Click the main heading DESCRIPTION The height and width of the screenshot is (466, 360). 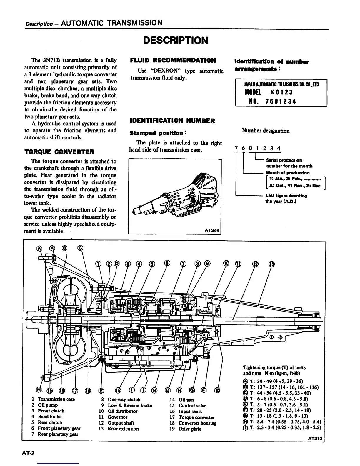[175, 40]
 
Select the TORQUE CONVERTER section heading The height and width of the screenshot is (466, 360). [59, 152]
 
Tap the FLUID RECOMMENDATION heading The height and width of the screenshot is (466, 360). [173, 61]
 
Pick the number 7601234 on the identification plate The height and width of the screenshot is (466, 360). [281, 101]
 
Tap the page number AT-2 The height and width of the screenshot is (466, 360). [28, 453]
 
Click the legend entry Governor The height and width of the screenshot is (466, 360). [117, 417]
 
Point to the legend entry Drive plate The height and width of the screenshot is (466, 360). [190, 429]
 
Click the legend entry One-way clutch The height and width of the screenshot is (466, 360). [124, 400]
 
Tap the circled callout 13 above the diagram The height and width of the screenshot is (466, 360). [272, 264]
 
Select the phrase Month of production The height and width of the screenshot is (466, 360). [287, 173]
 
